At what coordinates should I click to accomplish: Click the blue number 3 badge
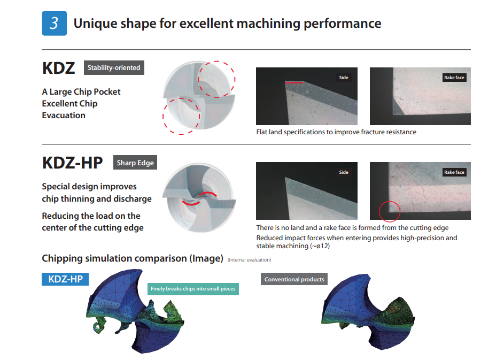pos(55,23)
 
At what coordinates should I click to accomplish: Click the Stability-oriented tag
pos(114,67)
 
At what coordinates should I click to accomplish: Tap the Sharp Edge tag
pos(135,163)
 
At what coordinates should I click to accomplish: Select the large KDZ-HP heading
pos(72,163)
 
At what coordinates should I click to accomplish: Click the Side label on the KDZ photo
pos(344,78)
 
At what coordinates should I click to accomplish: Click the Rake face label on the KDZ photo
pos(454,78)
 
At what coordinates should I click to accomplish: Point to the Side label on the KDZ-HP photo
pos(344,172)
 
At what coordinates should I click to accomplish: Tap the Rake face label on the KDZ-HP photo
pos(454,172)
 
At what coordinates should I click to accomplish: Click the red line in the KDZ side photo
pos(294,83)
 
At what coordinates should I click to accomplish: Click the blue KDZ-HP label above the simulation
pos(65,279)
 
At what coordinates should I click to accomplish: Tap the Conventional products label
pos(294,279)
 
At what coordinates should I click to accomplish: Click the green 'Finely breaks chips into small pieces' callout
pos(193,289)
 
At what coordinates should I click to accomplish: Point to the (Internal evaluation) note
pos(250,260)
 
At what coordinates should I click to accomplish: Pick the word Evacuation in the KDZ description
pos(64,115)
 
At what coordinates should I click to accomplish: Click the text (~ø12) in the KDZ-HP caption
pos(320,246)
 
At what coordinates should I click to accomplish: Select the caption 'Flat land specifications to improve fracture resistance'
pos(336,132)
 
